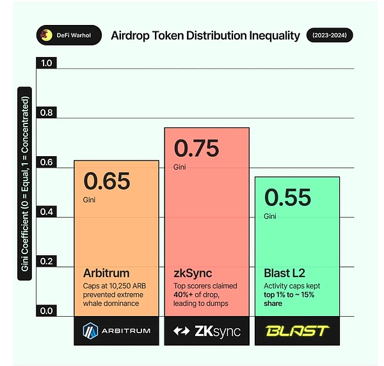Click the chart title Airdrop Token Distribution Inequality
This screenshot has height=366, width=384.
coord(205,35)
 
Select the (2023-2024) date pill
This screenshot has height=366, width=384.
coord(329,35)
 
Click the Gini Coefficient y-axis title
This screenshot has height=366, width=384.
coord(26,186)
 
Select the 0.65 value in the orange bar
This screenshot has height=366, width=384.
coord(107,181)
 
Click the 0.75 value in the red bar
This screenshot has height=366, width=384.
coord(196,148)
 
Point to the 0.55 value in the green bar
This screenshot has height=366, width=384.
coord(288,197)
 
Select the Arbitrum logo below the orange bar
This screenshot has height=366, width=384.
coord(116,331)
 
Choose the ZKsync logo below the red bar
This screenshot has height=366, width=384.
coord(206,331)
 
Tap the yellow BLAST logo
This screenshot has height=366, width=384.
coord(297,331)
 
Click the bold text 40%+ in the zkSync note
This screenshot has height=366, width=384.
coord(186,294)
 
